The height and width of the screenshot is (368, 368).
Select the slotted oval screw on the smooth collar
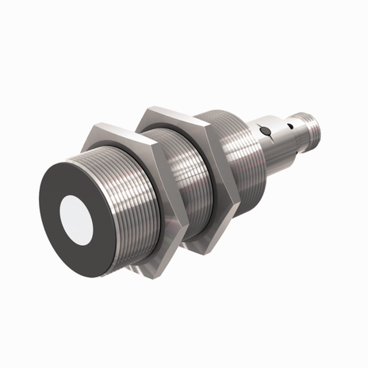pos(270,128)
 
